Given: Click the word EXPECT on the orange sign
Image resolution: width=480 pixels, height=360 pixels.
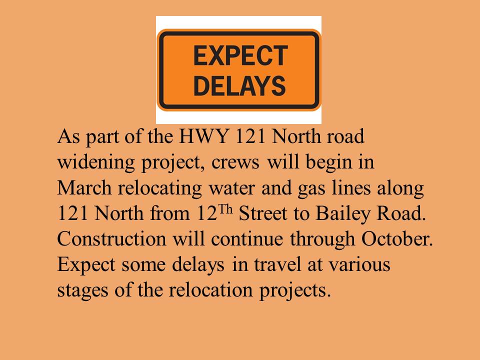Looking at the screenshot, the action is pos(240,55).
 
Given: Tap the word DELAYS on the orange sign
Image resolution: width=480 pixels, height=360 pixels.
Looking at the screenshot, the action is pos(240,85).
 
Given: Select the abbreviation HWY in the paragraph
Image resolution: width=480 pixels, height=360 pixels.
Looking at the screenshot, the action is pos(204,136).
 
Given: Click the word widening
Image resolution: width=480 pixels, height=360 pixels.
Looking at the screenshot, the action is pos(96,163).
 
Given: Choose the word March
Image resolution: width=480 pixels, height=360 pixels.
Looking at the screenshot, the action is pos(84,187).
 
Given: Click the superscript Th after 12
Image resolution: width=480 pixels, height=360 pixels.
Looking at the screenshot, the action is pos(225,210).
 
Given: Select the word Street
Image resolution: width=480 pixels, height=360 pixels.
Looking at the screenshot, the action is pos(263,213).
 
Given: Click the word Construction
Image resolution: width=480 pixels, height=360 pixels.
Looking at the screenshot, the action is pos(111,239).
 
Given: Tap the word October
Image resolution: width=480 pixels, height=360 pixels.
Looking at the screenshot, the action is pos(397,239).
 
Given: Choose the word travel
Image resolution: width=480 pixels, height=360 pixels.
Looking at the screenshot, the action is pos(277,264).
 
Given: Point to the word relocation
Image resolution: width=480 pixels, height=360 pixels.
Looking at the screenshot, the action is pos(210,290).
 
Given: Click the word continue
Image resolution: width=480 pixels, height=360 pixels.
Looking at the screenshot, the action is pos(247,239).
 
